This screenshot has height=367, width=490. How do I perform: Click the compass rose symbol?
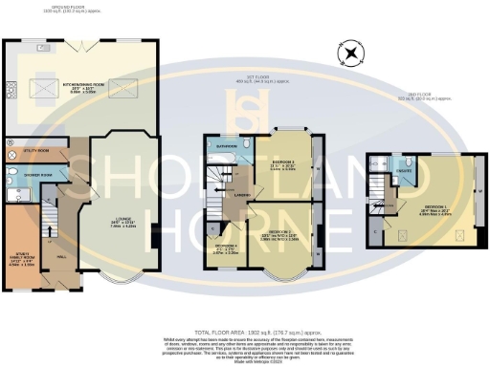tap(352, 54)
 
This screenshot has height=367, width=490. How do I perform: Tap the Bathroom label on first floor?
tap(226, 146)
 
